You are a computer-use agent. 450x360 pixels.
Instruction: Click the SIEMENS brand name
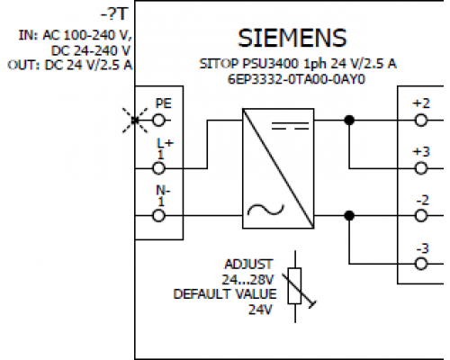point(292,38)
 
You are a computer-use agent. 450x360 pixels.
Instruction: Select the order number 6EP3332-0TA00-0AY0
point(296,79)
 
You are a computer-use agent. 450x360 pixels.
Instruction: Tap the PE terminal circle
point(159,121)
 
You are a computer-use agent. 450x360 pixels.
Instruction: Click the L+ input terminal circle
point(159,168)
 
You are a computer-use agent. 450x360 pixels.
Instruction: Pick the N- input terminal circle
point(159,215)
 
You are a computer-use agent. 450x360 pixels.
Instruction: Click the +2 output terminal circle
point(421,121)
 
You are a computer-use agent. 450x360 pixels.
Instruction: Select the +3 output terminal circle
point(421,168)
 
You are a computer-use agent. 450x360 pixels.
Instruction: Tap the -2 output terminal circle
point(421,215)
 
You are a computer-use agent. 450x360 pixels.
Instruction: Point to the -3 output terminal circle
point(421,264)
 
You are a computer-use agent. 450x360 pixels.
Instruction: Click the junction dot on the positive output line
point(349,121)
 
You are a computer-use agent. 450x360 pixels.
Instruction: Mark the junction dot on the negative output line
point(349,215)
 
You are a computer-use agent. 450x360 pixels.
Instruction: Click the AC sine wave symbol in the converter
point(265,210)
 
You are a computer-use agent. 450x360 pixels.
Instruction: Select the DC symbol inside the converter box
point(290,126)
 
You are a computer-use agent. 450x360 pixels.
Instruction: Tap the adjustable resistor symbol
point(295,286)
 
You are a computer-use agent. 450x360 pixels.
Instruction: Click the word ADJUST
point(248,265)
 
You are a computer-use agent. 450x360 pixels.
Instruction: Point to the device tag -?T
point(114,14)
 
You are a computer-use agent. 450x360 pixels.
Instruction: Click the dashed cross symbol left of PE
point(135,121)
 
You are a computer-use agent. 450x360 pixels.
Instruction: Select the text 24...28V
point(247,280)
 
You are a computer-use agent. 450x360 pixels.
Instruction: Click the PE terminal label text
point(164,103)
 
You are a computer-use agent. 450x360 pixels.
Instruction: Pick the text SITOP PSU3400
point(249,64)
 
